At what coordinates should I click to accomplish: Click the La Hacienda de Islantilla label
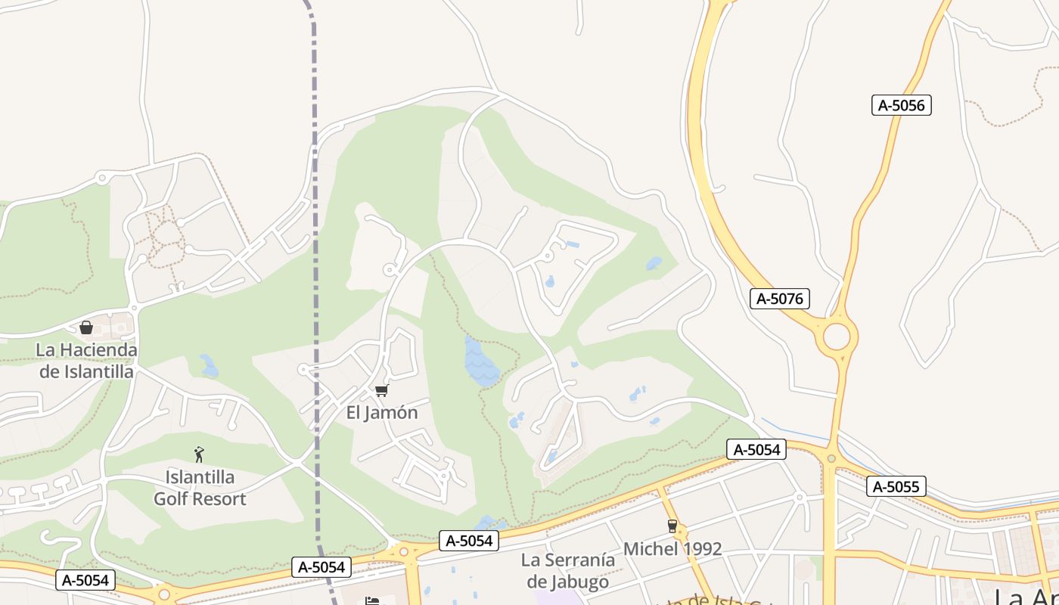click(x=86, y=361)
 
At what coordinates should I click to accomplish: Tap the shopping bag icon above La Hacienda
click(x=86, y=327)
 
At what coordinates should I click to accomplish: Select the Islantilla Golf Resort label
click(x=200, y=488)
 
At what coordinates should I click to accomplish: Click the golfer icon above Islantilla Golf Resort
click(x=199, y=455)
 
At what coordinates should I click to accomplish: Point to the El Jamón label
click(x=382, y=412)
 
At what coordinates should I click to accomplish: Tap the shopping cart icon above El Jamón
click(x=382, y=390)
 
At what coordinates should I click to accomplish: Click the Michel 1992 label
click(x=672, y=548)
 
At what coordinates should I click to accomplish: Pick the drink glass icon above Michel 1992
click(x=672, y=526)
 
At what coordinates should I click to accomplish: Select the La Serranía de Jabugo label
click(x=568, y=570)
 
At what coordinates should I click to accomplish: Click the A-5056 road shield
click(x=901, y=105)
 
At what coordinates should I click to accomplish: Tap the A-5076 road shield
click(x=779, y=299)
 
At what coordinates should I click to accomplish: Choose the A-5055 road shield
click(x=896, y=486)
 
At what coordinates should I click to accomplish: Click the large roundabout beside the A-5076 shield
click(x=837, y=336)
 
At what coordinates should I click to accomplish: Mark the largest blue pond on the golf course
click(x=480, y=361)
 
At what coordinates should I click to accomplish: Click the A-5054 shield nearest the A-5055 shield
click(x=756, y=449)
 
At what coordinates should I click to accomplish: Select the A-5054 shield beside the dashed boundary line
click(x=321, y=566)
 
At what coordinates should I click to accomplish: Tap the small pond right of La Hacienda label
click(x=209, y=367)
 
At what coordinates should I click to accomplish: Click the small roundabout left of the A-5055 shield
click(x=831, y=458)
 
